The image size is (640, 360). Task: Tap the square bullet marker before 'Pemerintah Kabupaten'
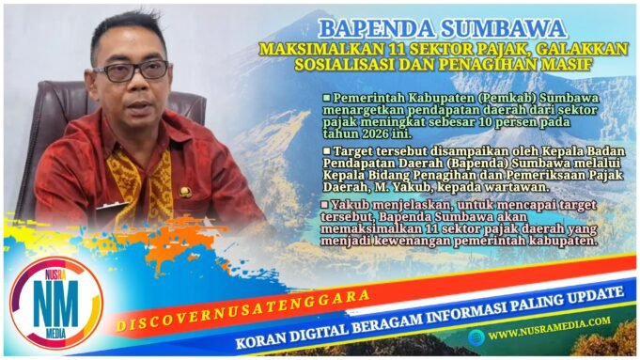pyautogui.click(x=326, y=98)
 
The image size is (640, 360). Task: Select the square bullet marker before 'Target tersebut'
pyautogui.click(x=326, y=149)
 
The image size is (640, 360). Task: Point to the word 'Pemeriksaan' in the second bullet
pyautogui.click(x=541, y=174)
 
